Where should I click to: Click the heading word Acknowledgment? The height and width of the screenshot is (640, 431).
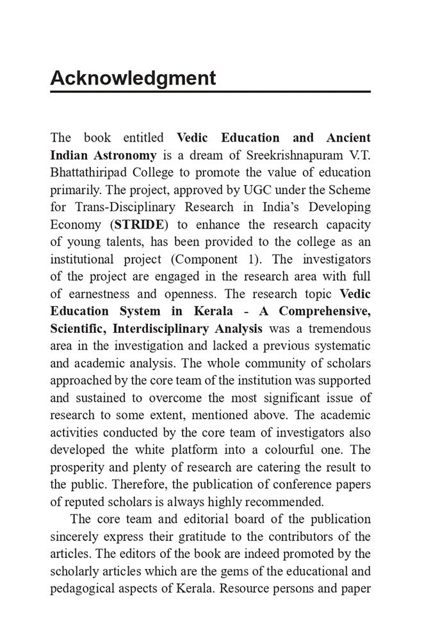pos(133,78)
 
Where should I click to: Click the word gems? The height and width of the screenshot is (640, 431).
pos(233,570)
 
